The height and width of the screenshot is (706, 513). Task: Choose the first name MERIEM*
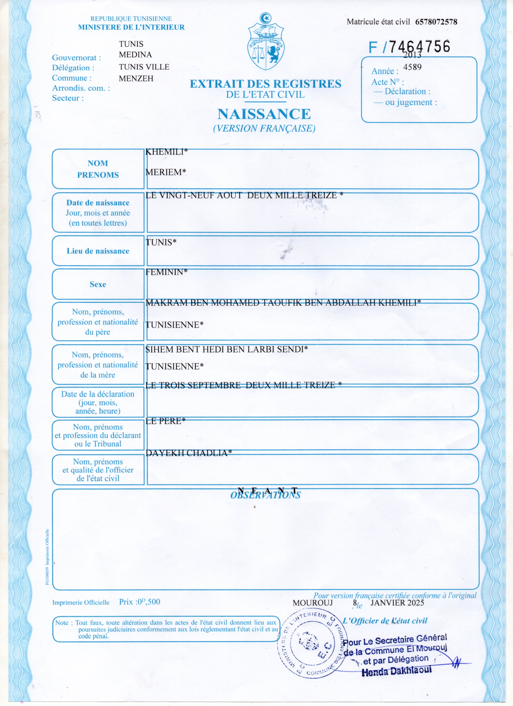[x=166, y=172]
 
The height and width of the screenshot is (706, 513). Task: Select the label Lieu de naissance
[x=98, y=251]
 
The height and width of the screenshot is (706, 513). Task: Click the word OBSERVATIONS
[x=265, y=495]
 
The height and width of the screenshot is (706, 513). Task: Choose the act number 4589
[x=412, y=67]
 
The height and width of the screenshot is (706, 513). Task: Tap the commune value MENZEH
[x=136, y=78]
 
